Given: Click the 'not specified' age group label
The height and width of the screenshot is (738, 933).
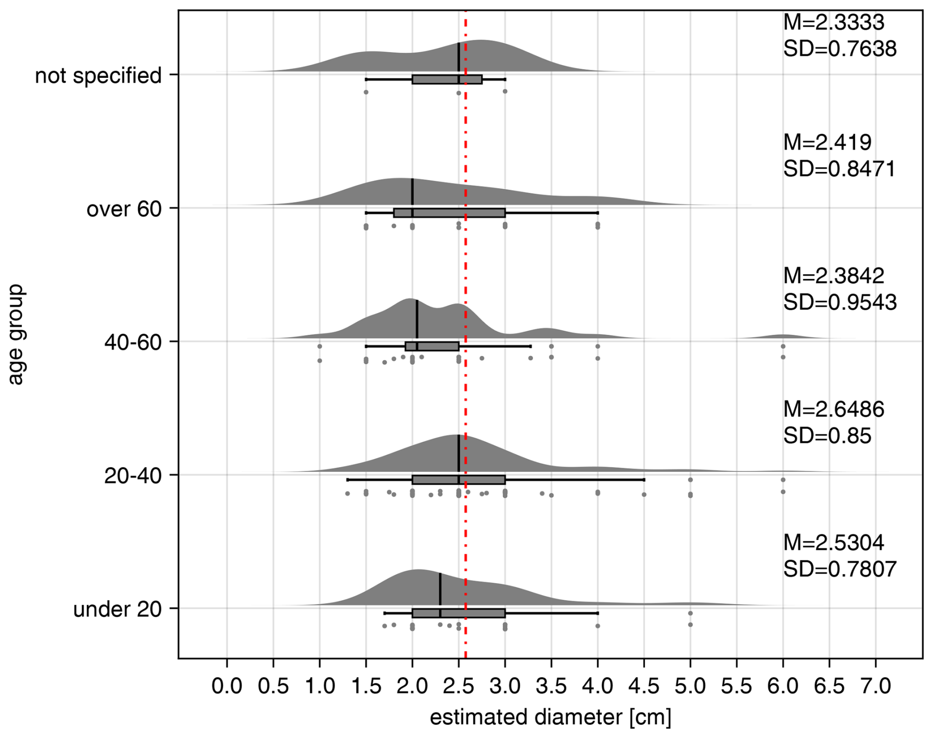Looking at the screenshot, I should click(x=98, y=75).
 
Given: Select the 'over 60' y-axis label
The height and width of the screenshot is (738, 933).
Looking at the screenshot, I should click(x=124, y=209).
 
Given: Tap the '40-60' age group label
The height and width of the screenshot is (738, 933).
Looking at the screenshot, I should click(x=133, y=342).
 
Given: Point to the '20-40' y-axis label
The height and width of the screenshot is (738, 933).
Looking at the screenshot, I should click(x=133, y=476).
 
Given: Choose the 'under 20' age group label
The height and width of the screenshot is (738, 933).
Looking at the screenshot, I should click(x=117, y=609).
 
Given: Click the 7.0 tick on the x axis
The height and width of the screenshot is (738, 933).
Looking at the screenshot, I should click(x=876, y=686).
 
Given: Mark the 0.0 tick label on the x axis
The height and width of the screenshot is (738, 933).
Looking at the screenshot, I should click(x=227, y=686).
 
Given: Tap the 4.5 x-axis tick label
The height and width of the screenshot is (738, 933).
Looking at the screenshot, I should click(x=644, y=686).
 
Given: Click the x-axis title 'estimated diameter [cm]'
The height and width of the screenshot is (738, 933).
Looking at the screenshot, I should click(x=550, y=717).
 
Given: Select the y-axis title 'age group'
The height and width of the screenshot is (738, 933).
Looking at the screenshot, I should click(x=16, y=334).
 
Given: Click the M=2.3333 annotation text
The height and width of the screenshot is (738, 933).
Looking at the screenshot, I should click(x=833, y=23).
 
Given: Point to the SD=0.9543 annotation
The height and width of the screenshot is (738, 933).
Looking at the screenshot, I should click(x=839, y=302).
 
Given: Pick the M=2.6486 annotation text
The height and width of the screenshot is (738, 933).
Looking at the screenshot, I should click(x=833, y=409).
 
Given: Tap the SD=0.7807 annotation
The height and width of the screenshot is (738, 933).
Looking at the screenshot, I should click(x=839, y=569).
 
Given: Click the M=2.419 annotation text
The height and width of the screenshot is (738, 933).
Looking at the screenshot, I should click(x=827, y=142).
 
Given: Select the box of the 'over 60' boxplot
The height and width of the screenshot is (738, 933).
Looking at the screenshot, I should click(x=449, y=213).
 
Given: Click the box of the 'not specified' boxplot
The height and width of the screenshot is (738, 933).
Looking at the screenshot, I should click(x=447, y=79).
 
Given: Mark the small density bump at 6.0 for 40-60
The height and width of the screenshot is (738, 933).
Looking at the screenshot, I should click(x=783, y=336).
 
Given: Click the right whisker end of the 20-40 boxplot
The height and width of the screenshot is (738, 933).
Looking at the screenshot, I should click(x=644, y=480).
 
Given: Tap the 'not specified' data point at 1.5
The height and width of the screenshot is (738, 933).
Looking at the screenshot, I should click(x=366, y=92).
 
